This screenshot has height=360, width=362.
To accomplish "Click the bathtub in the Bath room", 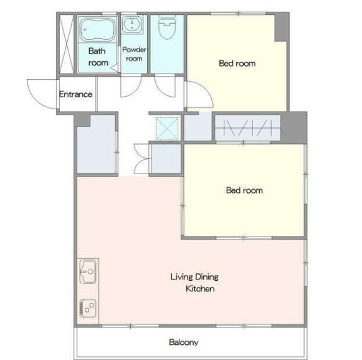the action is tap(97, 29).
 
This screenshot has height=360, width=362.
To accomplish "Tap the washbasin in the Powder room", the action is tap(132, 24).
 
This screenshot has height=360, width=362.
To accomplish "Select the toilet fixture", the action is tap(167, 27).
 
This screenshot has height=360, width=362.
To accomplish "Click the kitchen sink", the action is tap(88, 271).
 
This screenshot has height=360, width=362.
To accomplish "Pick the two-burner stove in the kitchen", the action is tap(88, 308).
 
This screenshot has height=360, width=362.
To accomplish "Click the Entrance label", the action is tap(76, 94).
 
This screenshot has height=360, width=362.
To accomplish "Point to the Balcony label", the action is tap(184, 342).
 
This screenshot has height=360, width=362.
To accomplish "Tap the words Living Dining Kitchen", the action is tap(194, 283).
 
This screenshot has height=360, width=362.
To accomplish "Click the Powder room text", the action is tap(134, 54).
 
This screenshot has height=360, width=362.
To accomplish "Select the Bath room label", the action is tap(98, 57).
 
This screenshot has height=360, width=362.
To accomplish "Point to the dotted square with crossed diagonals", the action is tap(167, 129).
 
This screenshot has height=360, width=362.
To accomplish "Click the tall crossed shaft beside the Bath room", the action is tap(67, 44).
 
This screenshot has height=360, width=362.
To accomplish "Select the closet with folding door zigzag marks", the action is tap(248, 128).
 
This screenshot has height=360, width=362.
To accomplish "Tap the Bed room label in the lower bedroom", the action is tap(244, 190).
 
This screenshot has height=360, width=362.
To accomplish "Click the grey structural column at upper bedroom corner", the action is tap(282, 27).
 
